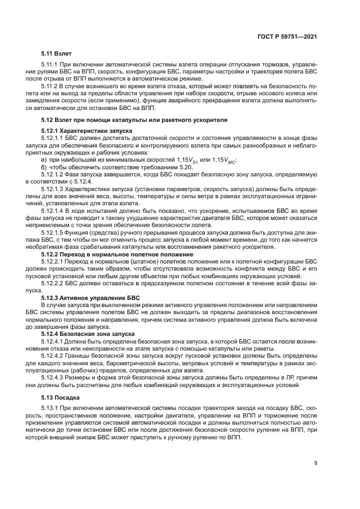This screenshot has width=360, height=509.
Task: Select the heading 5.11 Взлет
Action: (56, 54)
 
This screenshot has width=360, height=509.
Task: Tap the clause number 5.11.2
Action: (50, 86)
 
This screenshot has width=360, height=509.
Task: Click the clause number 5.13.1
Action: (50, 408)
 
